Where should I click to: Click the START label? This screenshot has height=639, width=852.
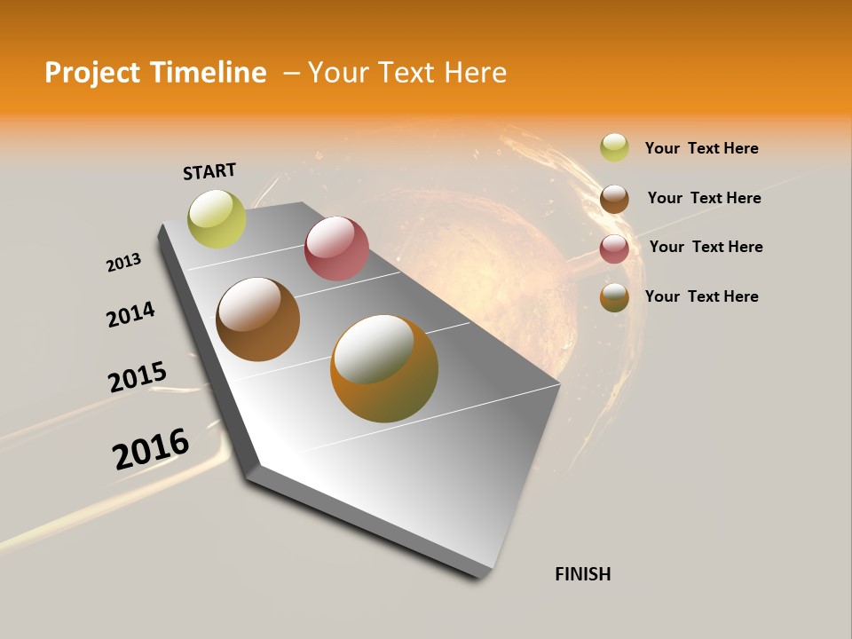(x=209, y=171)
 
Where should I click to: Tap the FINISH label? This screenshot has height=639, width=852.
(x=583, y=574)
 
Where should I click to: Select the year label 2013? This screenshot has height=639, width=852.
(x=123, y=263)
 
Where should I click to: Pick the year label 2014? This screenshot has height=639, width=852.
(x=130, y=315)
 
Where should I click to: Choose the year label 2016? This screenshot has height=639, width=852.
(x=151, y=448)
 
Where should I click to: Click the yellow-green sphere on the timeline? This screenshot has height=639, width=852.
(x=217, y=218)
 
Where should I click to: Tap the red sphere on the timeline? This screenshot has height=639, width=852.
(x=336, y=248)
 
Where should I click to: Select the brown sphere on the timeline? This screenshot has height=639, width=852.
(x=257, y=319)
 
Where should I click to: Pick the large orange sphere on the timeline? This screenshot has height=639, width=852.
(x=384, y=368)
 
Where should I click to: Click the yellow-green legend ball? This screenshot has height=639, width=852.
(x=614, y=147)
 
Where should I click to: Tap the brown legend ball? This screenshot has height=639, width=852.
(x=614, y=199)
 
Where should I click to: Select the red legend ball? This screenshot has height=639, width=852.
(x=614, y=248)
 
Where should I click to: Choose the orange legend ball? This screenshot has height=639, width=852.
(x=614, y=297)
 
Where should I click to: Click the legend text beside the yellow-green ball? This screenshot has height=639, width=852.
(x=701, y=148)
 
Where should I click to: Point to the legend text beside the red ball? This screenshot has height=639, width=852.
(x=706, y=247)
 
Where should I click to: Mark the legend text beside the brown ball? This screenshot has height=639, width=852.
(x=704, y=198)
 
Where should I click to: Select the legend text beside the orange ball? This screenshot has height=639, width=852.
(x=701, y=296)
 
